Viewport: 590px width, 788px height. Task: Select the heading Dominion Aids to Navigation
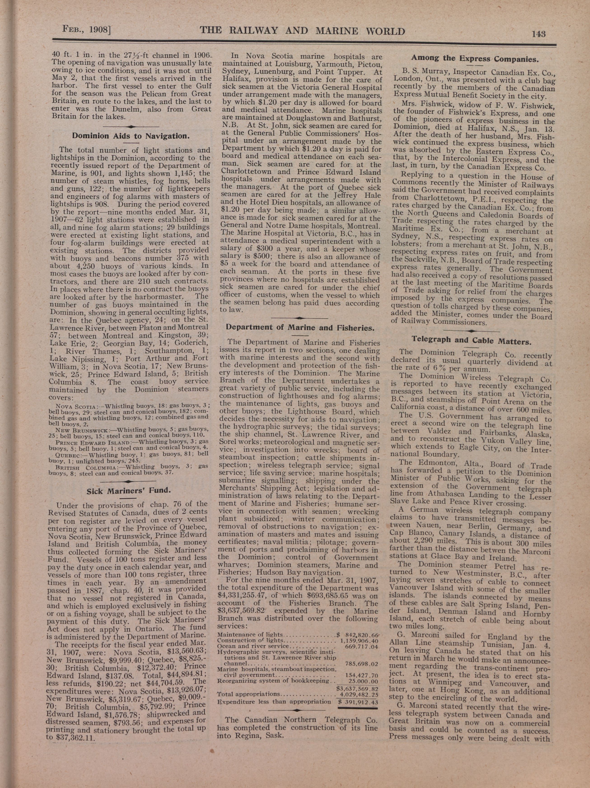[131, 136]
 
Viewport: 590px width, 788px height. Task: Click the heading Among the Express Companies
[474, 58]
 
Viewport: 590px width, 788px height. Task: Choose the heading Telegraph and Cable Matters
[471, 341]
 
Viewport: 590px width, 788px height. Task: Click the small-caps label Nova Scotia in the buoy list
[75, 407]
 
